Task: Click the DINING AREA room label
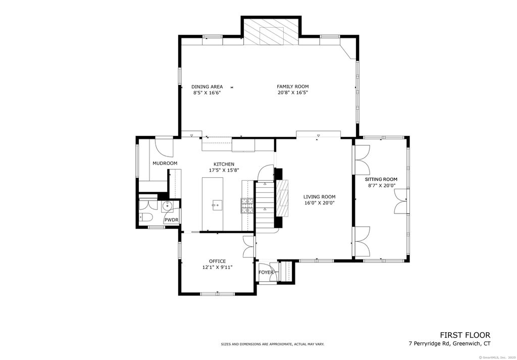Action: (x=207, y=87)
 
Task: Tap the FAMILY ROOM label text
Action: (x=293, y=87)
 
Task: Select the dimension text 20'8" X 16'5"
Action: (x=293, y=92)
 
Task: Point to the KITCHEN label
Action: (x=224, y=164)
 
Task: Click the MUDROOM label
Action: (x=165, y=163)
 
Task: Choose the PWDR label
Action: (x=172, y=220)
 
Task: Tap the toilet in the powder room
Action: (x=145, y=217)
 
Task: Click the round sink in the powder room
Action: (x=168, y=207)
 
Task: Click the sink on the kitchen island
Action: (x=217, y=205)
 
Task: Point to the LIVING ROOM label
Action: (x=320, y=197)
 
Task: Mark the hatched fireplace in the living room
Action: (x=282, y=198)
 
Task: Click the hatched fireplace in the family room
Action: (x=271, y=32)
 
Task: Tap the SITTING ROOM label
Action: (x=381, y=179)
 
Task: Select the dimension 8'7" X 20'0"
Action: (x=382, y=186)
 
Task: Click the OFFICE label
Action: (x=217, y=261)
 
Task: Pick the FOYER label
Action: (x=266, y=272)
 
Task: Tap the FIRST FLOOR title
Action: (x=465, y=335)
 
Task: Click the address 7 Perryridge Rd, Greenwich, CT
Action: (x=449, y=344)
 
